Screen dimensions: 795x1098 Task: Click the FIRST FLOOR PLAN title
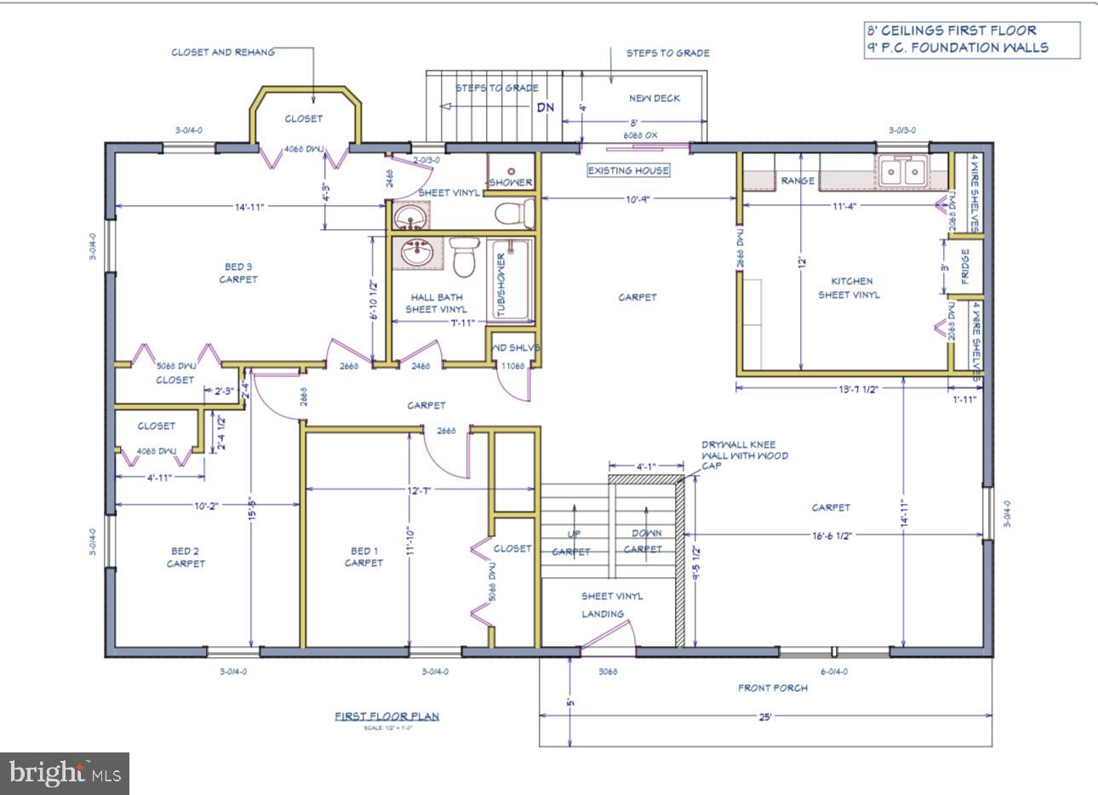(x=386, y=717)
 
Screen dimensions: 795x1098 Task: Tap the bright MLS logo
(x=65, y=774)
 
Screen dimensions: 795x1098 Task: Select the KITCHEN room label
(x=851, y=281)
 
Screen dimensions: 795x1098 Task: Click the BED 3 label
(x=237, y=266)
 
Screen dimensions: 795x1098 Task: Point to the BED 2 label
(x=186, y=551)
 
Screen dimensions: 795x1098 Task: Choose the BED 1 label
(x=363, y=551)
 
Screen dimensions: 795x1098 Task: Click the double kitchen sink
(x=902, y=173)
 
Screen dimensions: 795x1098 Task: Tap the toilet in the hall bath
(x=464, y=257)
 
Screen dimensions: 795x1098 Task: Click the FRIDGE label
(x=965, y=266)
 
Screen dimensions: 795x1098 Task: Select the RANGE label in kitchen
(x=798, y=180)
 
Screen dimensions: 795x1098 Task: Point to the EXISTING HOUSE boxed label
(x=628, y=170)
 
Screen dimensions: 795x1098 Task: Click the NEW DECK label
(x=654, y=98)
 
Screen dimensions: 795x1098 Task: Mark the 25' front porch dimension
(x=764, y=717)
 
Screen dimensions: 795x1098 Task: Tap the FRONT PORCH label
(x=772, y=688)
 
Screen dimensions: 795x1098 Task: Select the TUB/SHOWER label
(x=501, y=284)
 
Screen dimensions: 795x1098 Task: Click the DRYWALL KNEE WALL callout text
(x=744, y=455)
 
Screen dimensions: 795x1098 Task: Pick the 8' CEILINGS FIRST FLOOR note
(x=951, y=31)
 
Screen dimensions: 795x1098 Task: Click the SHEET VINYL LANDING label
(x=611, y=604)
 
